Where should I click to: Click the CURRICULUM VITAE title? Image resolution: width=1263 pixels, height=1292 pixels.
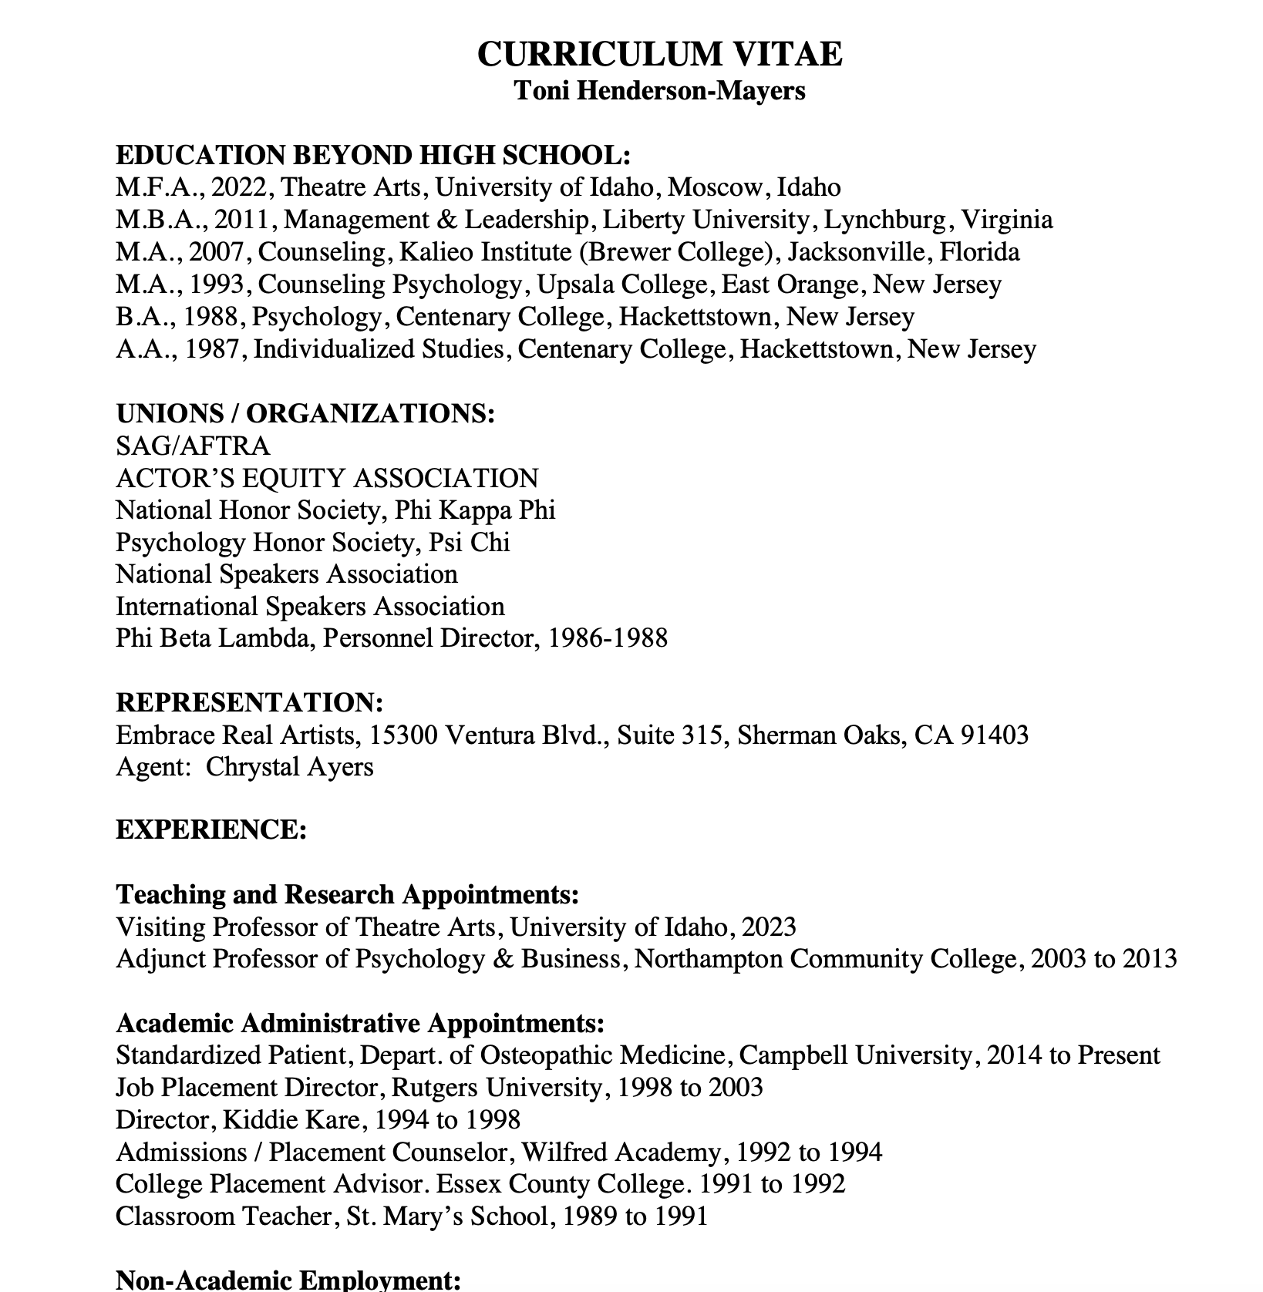[x=659, y=55]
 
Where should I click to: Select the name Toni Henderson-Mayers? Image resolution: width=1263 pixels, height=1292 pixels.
[x=659, y=91]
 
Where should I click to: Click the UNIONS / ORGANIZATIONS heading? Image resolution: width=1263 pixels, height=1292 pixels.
[x=305, y=414]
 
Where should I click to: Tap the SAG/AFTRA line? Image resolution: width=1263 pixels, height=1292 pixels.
[x=193, y=446]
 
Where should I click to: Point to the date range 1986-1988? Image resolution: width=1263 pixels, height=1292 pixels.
[x=607, y=638]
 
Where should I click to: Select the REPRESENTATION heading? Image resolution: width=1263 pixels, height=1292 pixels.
[x=250, y=703]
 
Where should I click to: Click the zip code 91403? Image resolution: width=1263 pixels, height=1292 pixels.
[x=994, y=735]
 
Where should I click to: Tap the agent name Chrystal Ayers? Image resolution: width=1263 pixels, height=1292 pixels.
[x=290, y=767]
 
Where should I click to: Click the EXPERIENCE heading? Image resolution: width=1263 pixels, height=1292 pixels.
[x=211, y=830]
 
